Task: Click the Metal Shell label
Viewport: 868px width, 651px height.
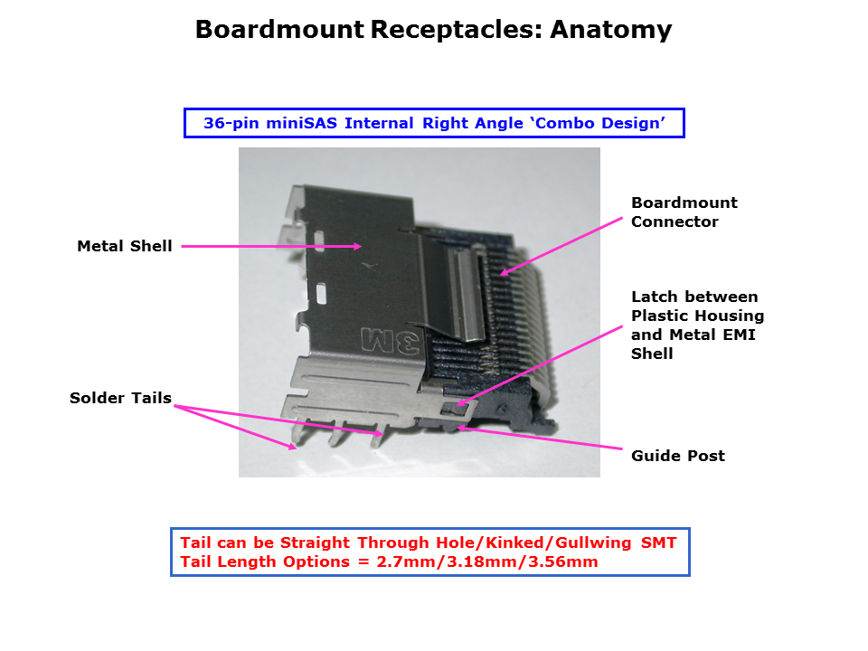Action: point(124,246)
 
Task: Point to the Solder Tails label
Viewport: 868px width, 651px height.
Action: point(120,398)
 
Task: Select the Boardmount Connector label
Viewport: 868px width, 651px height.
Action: point(684,212)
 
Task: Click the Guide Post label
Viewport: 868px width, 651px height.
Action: point(677,456)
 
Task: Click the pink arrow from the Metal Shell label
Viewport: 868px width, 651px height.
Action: point(271,246)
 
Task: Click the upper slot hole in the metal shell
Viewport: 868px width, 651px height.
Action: point(320,239)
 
